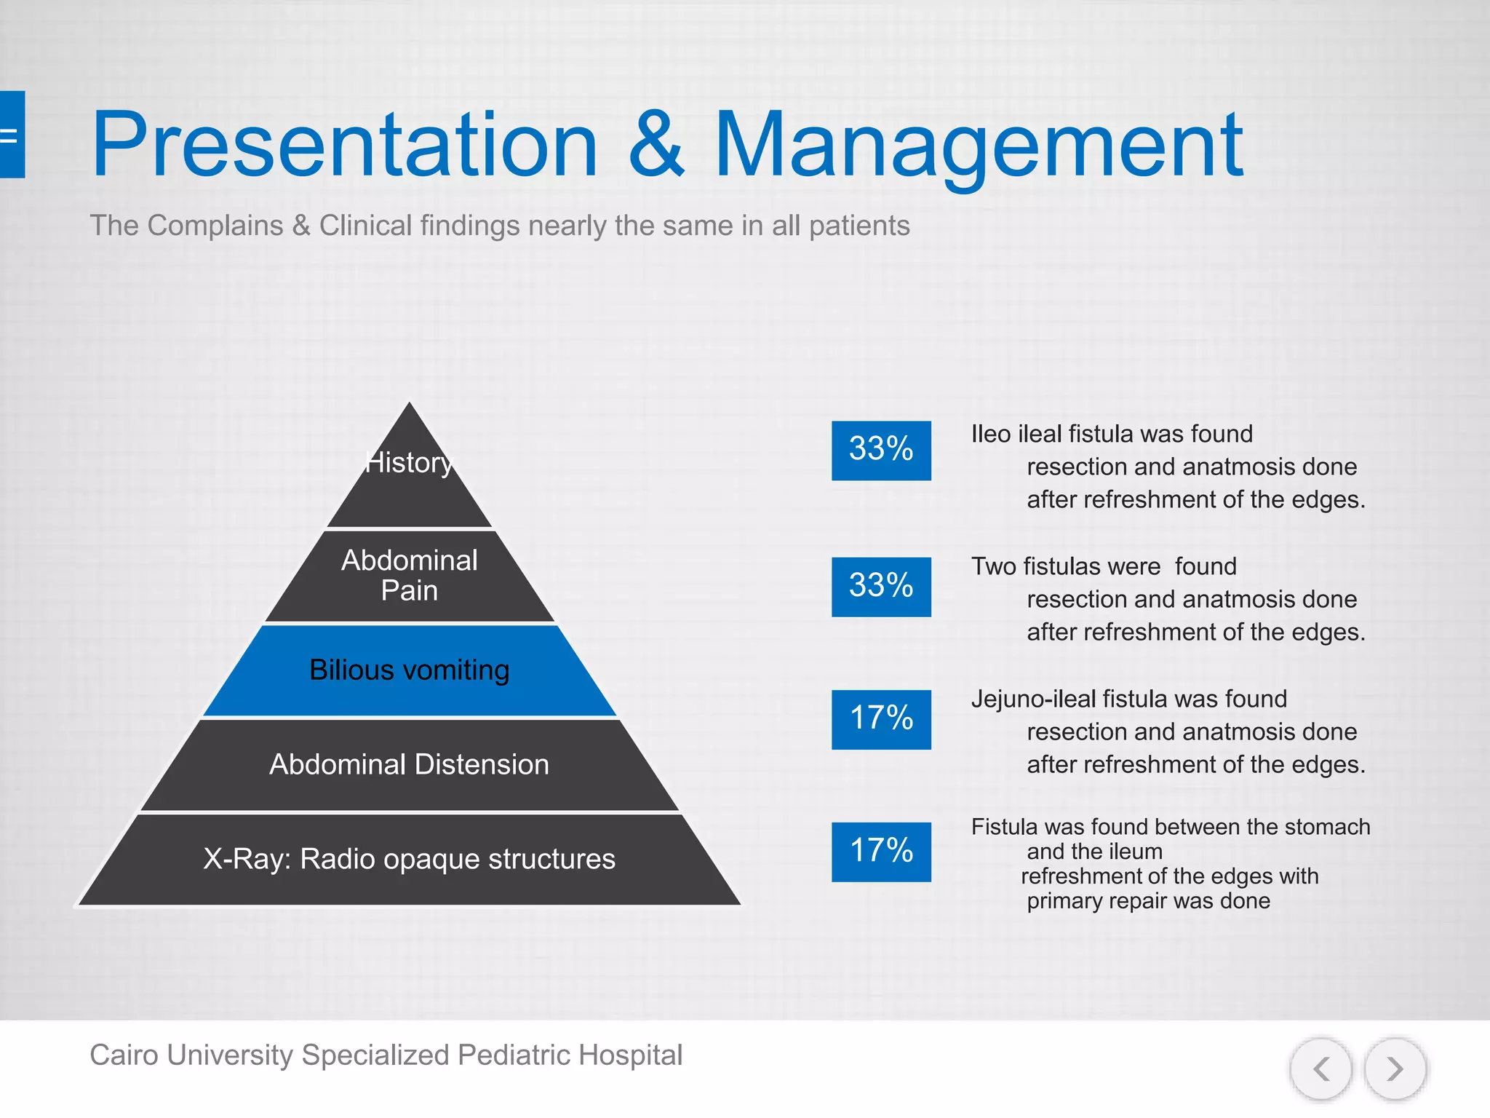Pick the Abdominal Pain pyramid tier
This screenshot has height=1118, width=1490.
[410, 576]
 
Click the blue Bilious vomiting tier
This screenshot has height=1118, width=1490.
[410, 670]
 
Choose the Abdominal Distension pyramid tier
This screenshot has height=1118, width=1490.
[410, 765]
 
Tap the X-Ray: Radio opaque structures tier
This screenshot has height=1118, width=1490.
[410, 860]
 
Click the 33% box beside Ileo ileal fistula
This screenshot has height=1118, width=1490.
[881, 450]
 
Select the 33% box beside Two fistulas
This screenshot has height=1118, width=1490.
[881, 587]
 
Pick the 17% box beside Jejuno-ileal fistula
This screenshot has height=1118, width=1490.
[881, 719]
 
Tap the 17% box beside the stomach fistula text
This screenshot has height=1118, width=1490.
[881, 852]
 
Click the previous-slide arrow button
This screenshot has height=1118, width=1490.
[1321, 1069]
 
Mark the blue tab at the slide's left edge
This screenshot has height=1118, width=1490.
[12, 135]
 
